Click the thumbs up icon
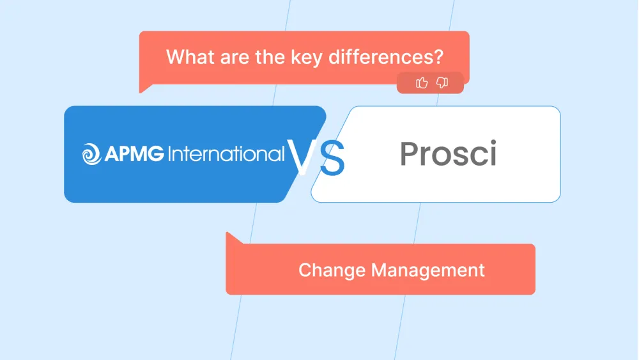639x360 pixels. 422,82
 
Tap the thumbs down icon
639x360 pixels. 442,82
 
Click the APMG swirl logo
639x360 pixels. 91,154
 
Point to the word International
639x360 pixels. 226,154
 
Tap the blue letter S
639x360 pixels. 332,159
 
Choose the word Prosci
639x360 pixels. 448,154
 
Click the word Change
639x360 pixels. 332,270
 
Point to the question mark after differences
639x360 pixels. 438,57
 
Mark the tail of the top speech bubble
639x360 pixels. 144,88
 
